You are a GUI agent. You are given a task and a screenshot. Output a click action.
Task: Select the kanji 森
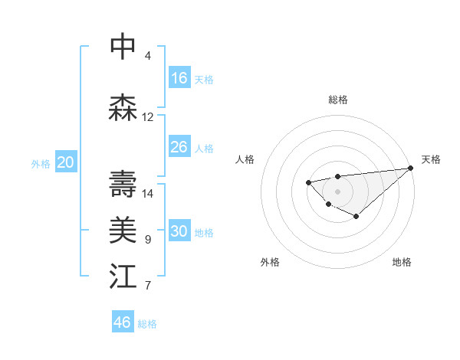click(123, 108)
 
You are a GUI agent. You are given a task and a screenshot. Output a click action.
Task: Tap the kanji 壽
click(123, 184)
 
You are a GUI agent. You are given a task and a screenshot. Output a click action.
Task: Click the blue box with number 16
click(179, 78)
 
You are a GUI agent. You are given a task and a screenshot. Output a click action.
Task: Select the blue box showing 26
click(179, 147)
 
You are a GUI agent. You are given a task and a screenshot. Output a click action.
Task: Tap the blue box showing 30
click(179, 231)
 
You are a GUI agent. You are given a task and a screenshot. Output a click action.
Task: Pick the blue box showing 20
click(66, 162)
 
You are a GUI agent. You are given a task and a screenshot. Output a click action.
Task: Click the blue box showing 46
click(123, 322)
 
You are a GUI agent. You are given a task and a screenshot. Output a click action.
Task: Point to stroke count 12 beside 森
click(148, 117)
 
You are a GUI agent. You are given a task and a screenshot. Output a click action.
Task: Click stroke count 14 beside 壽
click(148, 194)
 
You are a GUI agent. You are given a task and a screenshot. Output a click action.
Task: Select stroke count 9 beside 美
click(148, 240)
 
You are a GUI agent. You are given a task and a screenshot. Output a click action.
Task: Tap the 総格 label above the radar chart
click(338, 100)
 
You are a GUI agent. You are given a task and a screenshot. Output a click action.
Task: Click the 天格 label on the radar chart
click(431, 159)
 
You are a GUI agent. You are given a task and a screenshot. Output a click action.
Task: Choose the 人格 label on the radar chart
click(245, 159)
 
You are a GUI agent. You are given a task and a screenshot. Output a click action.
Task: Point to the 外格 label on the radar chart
click(270, 262)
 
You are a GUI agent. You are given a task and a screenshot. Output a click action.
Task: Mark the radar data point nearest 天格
click(411, 168)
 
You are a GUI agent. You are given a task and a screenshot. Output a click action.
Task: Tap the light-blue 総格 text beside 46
click(147, 324)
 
